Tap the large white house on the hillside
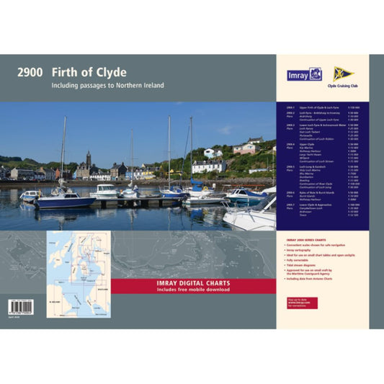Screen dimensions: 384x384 click(x=212, y=153)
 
